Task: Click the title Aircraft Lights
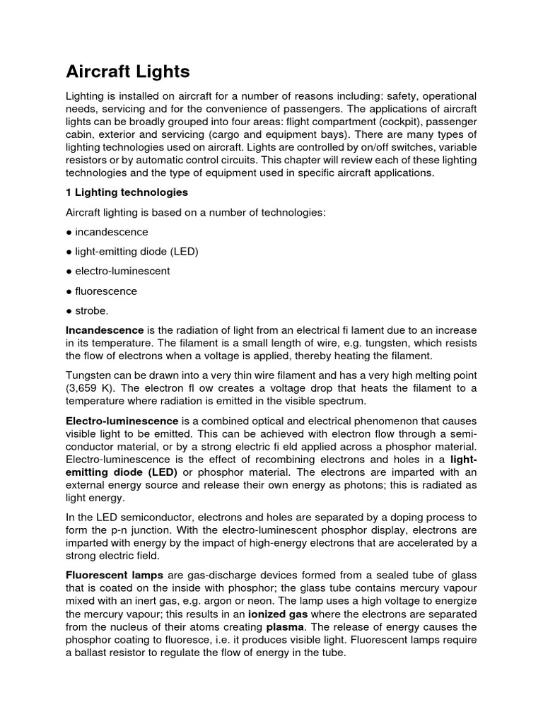127,71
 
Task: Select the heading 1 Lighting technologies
127,192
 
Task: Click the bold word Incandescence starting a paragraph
105,330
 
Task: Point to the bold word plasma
286,627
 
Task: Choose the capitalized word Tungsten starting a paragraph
89,375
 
